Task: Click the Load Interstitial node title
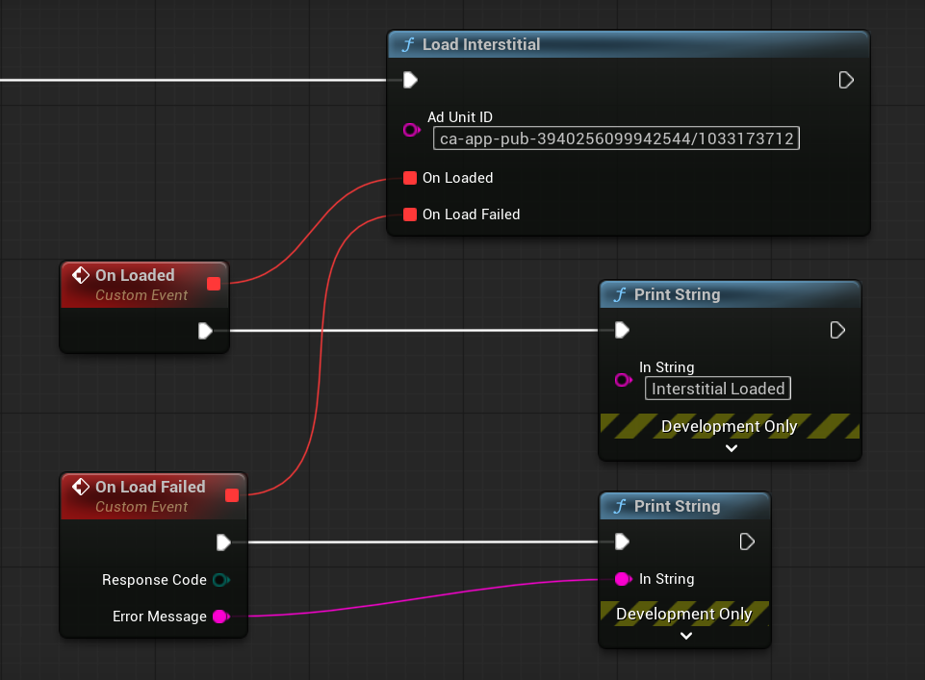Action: tap(480, 45)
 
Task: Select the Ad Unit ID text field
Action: tap(616, 139)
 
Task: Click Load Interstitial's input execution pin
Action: tap(411, 80)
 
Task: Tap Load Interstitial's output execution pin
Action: tap(846, 80)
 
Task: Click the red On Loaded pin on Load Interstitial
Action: tap(410, 178)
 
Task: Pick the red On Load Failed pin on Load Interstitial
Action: tap(410, 214)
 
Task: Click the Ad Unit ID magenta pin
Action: tap(411, 130)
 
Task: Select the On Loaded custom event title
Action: tap(135, 275)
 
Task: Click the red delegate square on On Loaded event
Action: tap(214, 284)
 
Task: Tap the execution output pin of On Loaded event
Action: tap(205, 331)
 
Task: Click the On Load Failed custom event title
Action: tap(150, 487)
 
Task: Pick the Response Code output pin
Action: tap(221, 580)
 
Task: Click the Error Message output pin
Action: tap(221, 617)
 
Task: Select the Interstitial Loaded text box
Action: tap(718, 389)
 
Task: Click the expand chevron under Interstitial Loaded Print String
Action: tap(732, 448)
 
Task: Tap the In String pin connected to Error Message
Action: tap(623, 579)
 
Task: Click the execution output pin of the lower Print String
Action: tap(747, 541)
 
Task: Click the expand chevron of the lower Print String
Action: tap(686, 636)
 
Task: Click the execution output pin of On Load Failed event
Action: tap(223, 542)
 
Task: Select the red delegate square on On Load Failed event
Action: tap(232, 495)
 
